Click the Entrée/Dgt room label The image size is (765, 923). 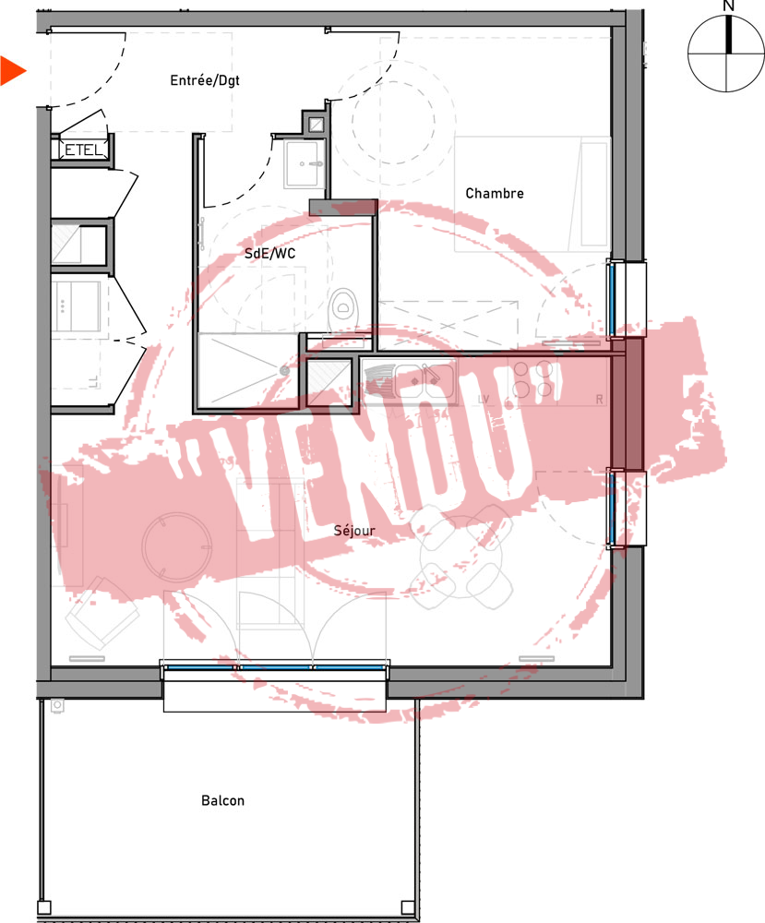(x=205, y=80)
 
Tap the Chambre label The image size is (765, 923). (x=495, y=193)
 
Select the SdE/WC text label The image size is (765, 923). (x=269, y=253)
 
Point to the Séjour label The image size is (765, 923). (x=354, y=531)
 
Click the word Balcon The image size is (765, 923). (x=222, y=800)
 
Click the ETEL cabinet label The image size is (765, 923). (x=83, y=150)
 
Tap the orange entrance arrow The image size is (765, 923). (x=13, y=71)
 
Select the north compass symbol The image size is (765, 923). (x=726, y=54)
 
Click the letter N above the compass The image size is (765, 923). (x=728, y=6)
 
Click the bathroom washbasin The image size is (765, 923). (x=304, y=163)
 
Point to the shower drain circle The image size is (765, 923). (x=285, y=371)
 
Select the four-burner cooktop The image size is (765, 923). (x=532, y=378)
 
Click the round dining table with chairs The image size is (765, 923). (x=463, y=557)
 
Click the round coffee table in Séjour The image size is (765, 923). (x=176, y=546)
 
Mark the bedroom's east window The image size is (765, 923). (x=613, y=299)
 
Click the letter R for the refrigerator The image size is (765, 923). (x=599, y=399)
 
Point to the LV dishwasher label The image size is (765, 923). (x=484, y=399)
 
